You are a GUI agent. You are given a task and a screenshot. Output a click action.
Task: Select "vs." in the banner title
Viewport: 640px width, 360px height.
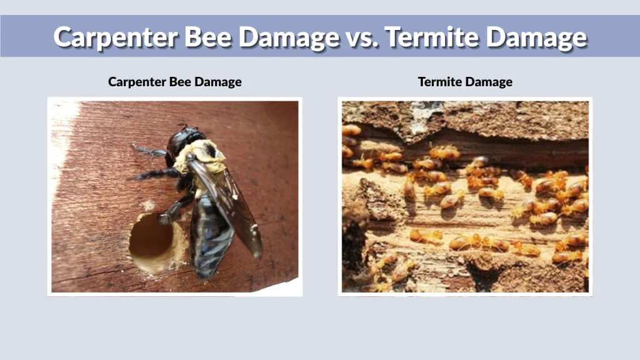tap(361, 37)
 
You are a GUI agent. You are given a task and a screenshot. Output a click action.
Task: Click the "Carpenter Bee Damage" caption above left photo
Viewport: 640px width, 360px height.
tap(174, 82)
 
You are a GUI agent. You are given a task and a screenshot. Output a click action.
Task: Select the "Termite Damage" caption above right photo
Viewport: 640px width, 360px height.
tap(465, 82)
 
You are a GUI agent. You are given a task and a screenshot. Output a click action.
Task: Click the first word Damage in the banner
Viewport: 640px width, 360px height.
tap(289, 37)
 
